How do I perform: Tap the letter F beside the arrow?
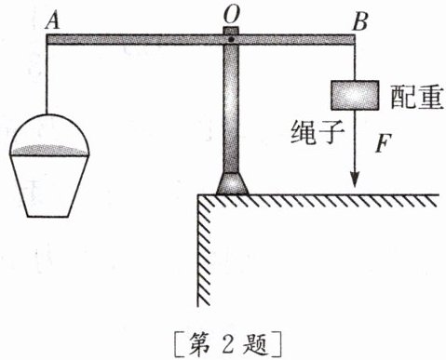(380, 144)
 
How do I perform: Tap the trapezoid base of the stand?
(231, 183)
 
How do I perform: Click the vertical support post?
(231, 112)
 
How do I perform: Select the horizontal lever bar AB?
(140, 39)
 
